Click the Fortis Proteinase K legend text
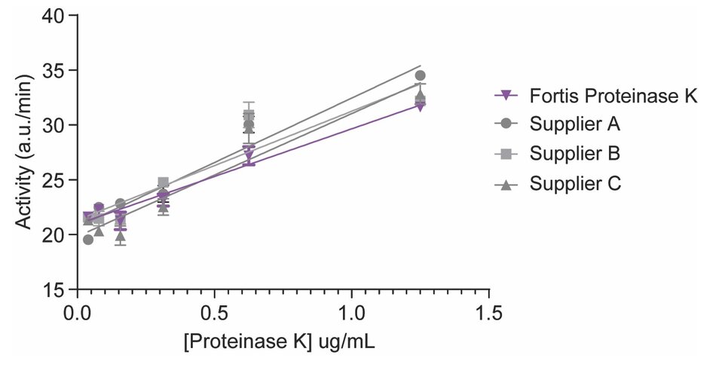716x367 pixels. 614,96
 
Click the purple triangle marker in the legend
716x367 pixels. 507,96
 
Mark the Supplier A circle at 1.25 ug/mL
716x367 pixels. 421,75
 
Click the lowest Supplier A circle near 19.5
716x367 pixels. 88,240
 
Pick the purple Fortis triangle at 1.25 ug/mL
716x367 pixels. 421,106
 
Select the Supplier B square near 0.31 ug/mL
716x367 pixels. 163,182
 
